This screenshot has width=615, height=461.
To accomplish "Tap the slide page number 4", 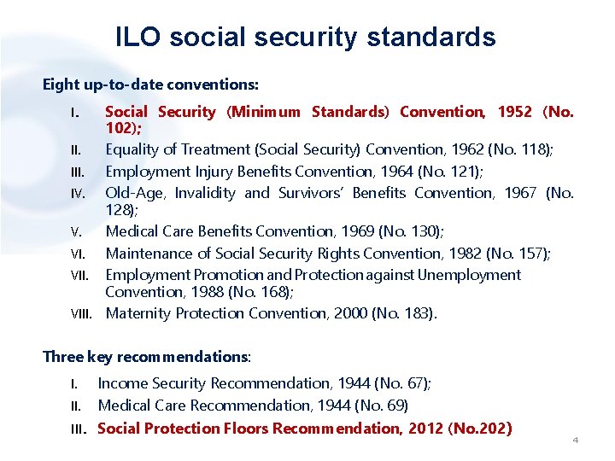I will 575,440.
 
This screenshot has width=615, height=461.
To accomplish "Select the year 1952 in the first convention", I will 517,112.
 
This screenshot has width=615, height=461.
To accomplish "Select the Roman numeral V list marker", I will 76,232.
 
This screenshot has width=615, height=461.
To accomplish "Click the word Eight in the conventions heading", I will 59,85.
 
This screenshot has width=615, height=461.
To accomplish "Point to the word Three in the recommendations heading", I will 61,357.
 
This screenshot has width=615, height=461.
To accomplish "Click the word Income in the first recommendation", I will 124,384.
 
